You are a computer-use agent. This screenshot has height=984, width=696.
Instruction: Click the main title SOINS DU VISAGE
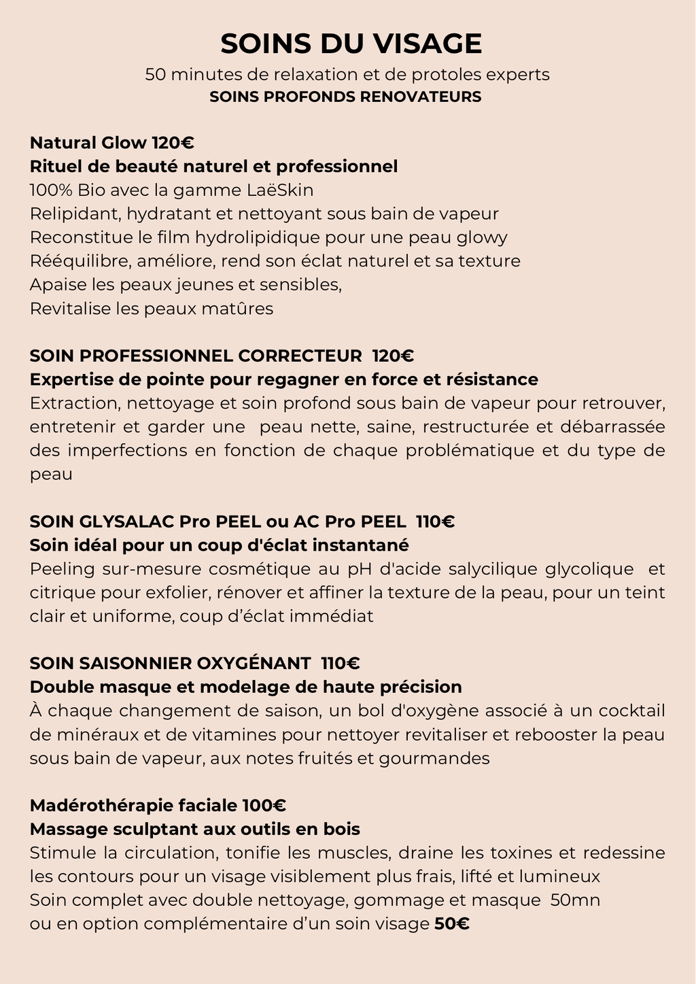pos(351,44)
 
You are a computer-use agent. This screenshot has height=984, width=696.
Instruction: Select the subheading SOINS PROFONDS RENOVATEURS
pos(345,97)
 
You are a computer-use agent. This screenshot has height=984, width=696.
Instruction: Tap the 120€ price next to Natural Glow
pos(173,143)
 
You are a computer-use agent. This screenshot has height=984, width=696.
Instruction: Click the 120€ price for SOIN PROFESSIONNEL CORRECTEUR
pos(393,356)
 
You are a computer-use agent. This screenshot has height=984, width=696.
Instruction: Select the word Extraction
pos(74,403)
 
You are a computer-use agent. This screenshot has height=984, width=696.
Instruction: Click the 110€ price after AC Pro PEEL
pos(435,522)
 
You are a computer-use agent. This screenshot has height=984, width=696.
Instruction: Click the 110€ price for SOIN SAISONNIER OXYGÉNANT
pos(340,663)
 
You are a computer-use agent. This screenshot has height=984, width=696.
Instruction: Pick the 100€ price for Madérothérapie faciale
pos(264,806)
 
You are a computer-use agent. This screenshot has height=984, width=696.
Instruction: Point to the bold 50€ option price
pos(452,924)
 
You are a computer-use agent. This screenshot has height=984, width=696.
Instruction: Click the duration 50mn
pos(575,900)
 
